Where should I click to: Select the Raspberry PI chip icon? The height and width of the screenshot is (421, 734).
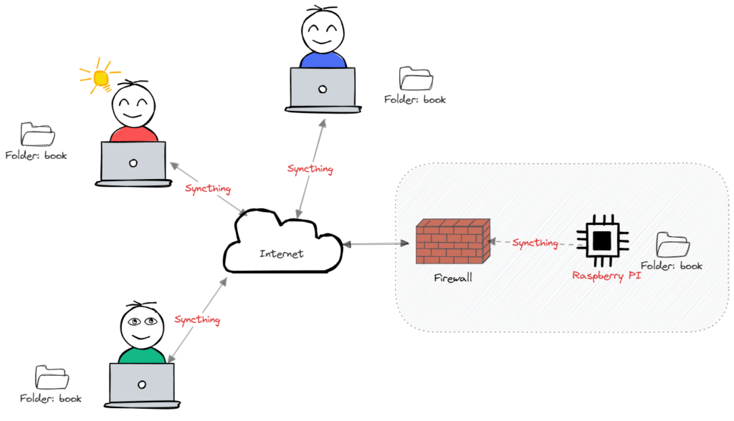coord(602,239)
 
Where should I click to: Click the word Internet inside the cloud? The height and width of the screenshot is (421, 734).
coord(281,253)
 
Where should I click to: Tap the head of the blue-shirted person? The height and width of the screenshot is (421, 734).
coord(322,32)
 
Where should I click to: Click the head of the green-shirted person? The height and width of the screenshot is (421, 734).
coord(141,326)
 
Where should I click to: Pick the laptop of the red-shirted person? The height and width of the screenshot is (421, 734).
coord(133,163)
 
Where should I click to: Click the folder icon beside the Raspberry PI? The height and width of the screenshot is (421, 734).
coord(673,245)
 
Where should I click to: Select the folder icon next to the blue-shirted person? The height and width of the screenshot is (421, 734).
coord(416,79)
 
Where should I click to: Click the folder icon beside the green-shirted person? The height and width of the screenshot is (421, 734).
coord(52,378)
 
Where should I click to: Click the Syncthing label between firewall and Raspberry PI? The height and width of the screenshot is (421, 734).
coord(535,243)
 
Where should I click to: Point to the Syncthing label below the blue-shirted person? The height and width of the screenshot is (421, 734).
coord(310,169)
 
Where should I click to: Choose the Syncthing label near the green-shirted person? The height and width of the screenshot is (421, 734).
coord(197,319)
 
